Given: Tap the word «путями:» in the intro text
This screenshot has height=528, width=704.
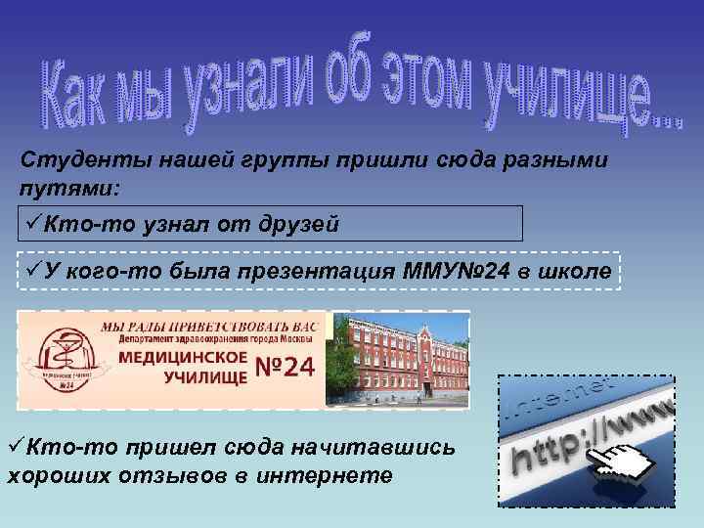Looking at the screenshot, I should pos(61,186).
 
